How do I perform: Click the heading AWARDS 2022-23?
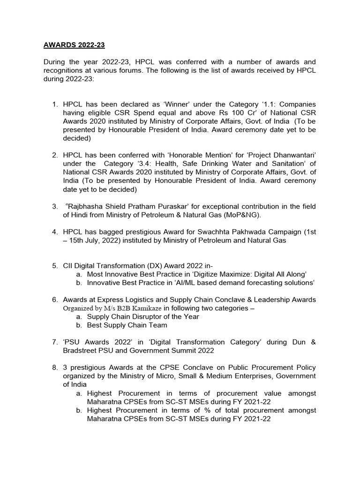click(x=74, y=45)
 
